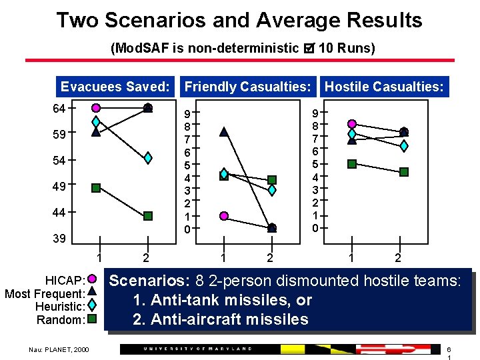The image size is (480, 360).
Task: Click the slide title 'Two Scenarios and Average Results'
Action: (239, 20)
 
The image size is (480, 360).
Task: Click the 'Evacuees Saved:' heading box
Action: (115, 87)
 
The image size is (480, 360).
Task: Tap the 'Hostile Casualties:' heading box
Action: (384, 87)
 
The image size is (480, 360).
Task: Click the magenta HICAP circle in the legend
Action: (93, 279)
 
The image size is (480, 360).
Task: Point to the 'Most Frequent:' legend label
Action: (45, 293)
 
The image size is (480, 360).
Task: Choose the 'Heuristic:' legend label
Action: (61, 307)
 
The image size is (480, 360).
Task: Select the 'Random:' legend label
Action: (61, 320)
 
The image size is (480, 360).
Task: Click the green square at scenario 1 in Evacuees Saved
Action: (96, 188)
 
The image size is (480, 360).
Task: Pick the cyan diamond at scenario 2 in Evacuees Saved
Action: (148, 158)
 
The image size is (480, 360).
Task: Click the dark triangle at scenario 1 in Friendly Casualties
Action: (224, 132)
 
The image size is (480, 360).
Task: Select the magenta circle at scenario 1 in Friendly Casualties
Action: (224, 215)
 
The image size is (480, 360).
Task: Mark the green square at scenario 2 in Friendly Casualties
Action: (272, 180)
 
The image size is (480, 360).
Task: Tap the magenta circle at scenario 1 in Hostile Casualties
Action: (352, 123)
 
